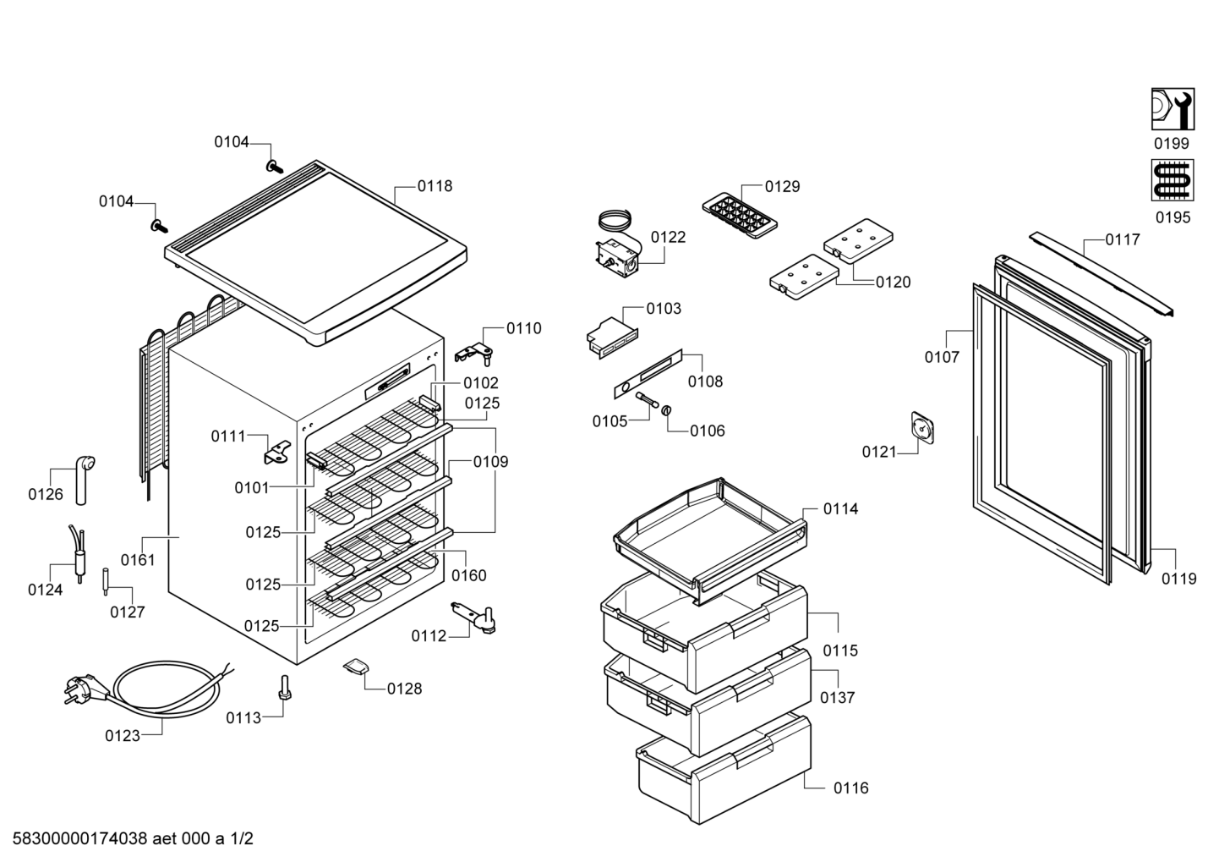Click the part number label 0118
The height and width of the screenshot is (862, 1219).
point(435,186)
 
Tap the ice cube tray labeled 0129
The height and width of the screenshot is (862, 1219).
point(740,215)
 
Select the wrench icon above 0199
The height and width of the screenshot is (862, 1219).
point(1173,109)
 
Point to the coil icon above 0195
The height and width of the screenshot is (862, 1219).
point(1173,180)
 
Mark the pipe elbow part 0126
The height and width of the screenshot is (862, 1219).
point(84,479)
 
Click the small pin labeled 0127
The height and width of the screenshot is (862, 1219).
point(105,582)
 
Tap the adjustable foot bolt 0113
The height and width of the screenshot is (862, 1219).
point(284,688)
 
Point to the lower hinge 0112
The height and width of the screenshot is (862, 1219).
point(474,618)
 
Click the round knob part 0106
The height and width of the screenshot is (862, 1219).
point(665,410)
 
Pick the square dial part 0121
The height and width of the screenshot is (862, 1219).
point(922,428)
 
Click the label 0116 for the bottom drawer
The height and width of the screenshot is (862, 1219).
point(851,788)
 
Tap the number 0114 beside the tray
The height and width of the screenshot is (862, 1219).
point(840,509)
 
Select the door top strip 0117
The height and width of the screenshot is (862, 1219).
point(1101,274)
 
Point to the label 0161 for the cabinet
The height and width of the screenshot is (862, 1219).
point(138,560)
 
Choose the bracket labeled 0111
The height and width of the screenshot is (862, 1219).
point(278,453)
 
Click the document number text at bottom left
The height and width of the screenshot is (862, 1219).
point(133,838)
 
